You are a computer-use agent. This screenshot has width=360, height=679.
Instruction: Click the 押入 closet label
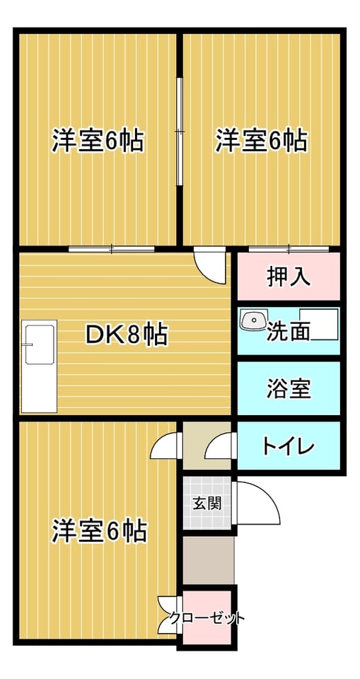pos(288,277)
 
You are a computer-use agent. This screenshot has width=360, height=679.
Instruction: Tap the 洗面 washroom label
pos(288,332)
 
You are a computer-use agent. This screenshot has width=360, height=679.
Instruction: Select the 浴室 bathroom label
pos(288,388)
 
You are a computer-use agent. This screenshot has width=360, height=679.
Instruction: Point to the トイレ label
pos(288,446)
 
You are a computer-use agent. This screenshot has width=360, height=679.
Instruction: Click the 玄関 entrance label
pos(207,503)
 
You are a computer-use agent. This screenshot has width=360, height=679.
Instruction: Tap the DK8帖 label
pos(127,335)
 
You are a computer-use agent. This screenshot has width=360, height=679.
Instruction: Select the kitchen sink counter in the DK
pos(39,366)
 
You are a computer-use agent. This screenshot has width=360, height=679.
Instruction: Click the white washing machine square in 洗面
pos(319,325)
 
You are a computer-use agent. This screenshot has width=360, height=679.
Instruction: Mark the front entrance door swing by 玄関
pos(257,503)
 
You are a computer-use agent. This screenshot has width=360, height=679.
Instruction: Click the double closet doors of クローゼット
pos(170,615)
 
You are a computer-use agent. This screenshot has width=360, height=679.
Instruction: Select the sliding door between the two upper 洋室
pos(180,132)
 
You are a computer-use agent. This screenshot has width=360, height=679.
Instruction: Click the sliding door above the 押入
pos(289,249)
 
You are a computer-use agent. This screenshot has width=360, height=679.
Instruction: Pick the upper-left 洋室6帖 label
pos(98,140)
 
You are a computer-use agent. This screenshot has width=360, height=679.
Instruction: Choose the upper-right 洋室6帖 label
pos(261,140)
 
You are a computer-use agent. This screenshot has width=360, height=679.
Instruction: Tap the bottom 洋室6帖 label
pos(99,530)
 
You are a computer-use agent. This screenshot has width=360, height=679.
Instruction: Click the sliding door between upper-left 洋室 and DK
pos(112,249)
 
